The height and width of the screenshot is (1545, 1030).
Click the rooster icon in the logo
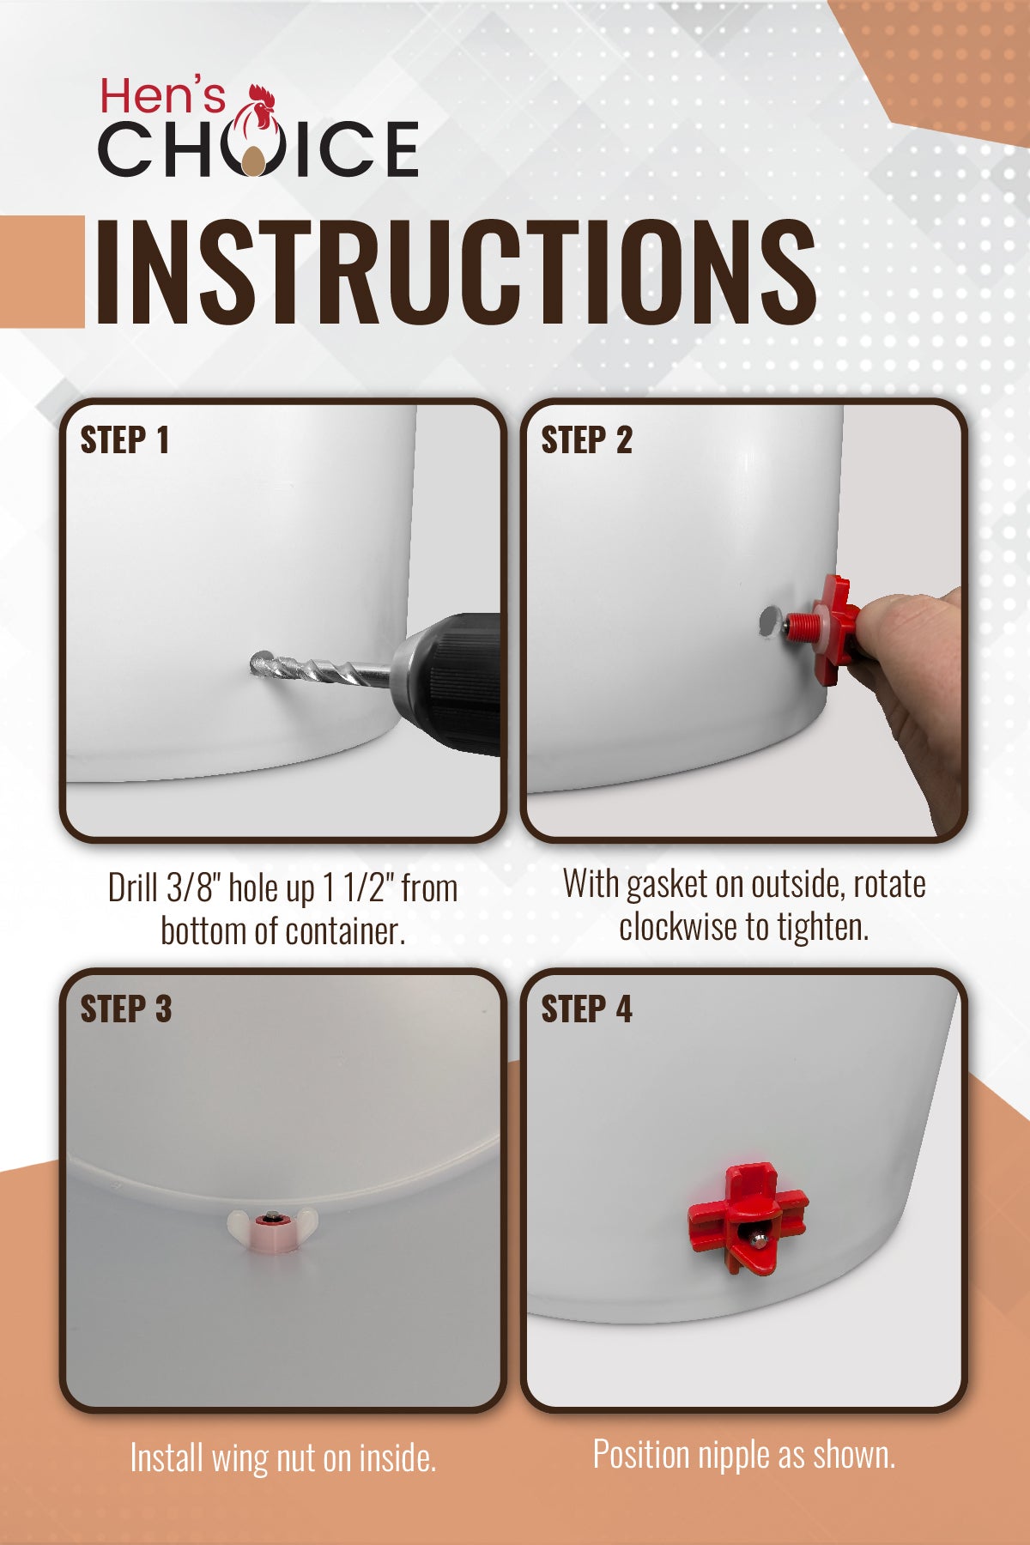click(x=258, y=129)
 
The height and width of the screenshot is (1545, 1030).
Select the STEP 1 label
click(x=124, y=439)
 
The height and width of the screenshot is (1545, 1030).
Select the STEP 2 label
click(x=586, y=439)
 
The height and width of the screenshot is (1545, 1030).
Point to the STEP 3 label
click(x=126, y=1009)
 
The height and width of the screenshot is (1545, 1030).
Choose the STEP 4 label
click(x=586, y=1009)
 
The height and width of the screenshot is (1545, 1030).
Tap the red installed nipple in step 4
click(x=748, y=1218)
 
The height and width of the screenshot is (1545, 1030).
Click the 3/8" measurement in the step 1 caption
click(x=192, y=888)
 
